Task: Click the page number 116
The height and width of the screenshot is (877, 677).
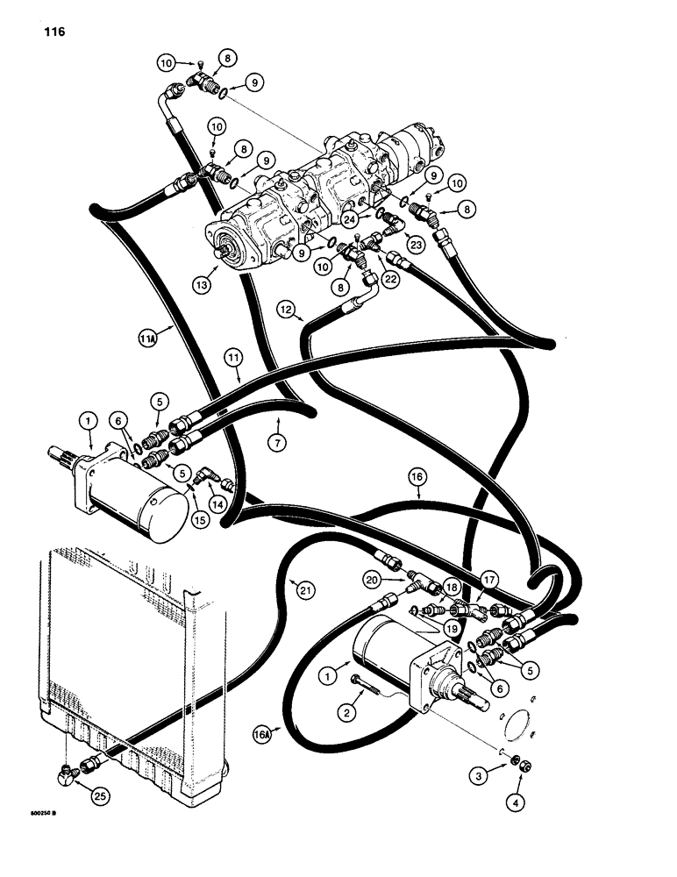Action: (51, 32)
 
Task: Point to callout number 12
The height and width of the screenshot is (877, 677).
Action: (287, 310)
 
